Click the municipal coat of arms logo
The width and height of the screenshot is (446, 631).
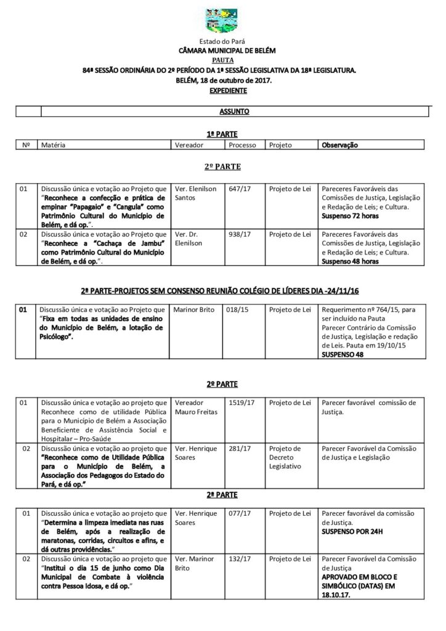tap(222, 20)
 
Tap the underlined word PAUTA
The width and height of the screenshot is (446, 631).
tap(222, 60)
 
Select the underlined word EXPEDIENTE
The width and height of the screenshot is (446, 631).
tap(222, 91)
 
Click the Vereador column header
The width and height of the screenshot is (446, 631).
tap(189, 145)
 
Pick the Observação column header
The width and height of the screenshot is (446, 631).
tap(339, 145)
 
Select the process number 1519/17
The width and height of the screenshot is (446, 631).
tap(241, 402)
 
